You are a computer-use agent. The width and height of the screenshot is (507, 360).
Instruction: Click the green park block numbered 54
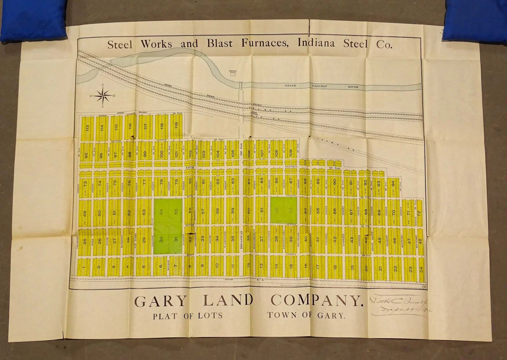pos(161,212)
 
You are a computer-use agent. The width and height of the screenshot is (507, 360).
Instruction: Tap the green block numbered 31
pos(176,240)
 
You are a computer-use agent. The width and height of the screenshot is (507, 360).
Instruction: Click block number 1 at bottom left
pos(84,267)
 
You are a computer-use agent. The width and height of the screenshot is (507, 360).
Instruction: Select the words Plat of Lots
pos(188,316)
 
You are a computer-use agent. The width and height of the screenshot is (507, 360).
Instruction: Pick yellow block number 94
pos(393,184)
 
